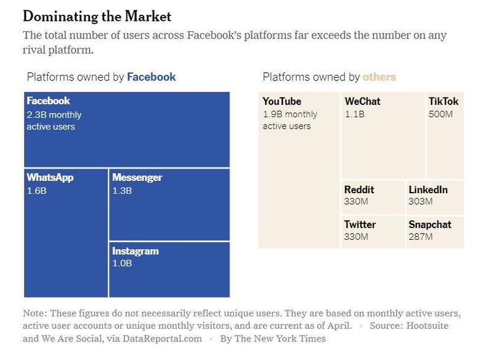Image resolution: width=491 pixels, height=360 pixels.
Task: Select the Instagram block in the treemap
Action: pos(169,270)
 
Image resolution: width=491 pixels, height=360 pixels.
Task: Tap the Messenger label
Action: pos(137,178)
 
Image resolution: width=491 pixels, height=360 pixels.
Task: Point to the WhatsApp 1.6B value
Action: pos(36,191)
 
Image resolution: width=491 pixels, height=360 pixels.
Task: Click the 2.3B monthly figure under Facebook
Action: pos(54,115)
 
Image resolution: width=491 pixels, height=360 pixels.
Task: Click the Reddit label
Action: pos(359,190)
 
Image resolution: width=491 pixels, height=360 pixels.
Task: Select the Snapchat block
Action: pos(435,231)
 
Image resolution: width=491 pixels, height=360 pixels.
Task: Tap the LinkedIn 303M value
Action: pos(420,201)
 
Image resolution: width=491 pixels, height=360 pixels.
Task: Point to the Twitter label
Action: pos(360,224)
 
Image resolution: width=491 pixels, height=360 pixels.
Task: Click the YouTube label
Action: pos(282,102)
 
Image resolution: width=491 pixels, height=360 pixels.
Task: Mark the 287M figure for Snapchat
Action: pos(420,236)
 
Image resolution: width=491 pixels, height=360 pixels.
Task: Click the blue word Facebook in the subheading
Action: pos(151,77)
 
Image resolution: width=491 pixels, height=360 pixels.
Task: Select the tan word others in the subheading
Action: pos(379,77)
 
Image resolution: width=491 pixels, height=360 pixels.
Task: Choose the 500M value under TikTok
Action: pos(440,114)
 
